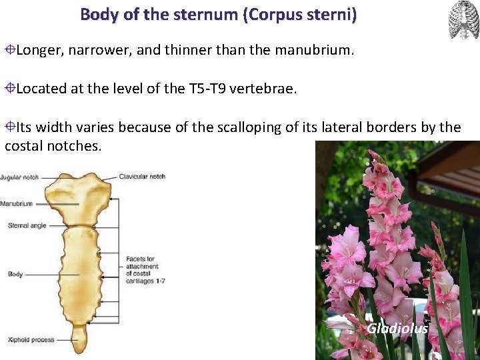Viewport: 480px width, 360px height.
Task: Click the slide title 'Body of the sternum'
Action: click(160, 14)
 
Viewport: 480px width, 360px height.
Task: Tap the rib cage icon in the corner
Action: click(463, 20)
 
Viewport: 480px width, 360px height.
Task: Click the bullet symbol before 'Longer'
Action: click(10, 50)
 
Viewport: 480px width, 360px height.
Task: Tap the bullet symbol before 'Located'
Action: click(10, 89)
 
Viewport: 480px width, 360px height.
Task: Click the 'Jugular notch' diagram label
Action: click(19, 177)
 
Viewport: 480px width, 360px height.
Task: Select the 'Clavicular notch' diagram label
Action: click(142, 177)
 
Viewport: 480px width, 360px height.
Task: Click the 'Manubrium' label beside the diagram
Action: click(17, 203)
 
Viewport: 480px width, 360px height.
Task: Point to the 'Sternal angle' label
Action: click(27, 225)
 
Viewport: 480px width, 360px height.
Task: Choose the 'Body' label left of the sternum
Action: click(15, 274)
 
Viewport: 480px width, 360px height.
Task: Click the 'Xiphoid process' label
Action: click(31, 340)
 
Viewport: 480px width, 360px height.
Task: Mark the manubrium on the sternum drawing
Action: click(79, 197)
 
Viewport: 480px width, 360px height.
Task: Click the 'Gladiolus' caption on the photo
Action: click(397, 328)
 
